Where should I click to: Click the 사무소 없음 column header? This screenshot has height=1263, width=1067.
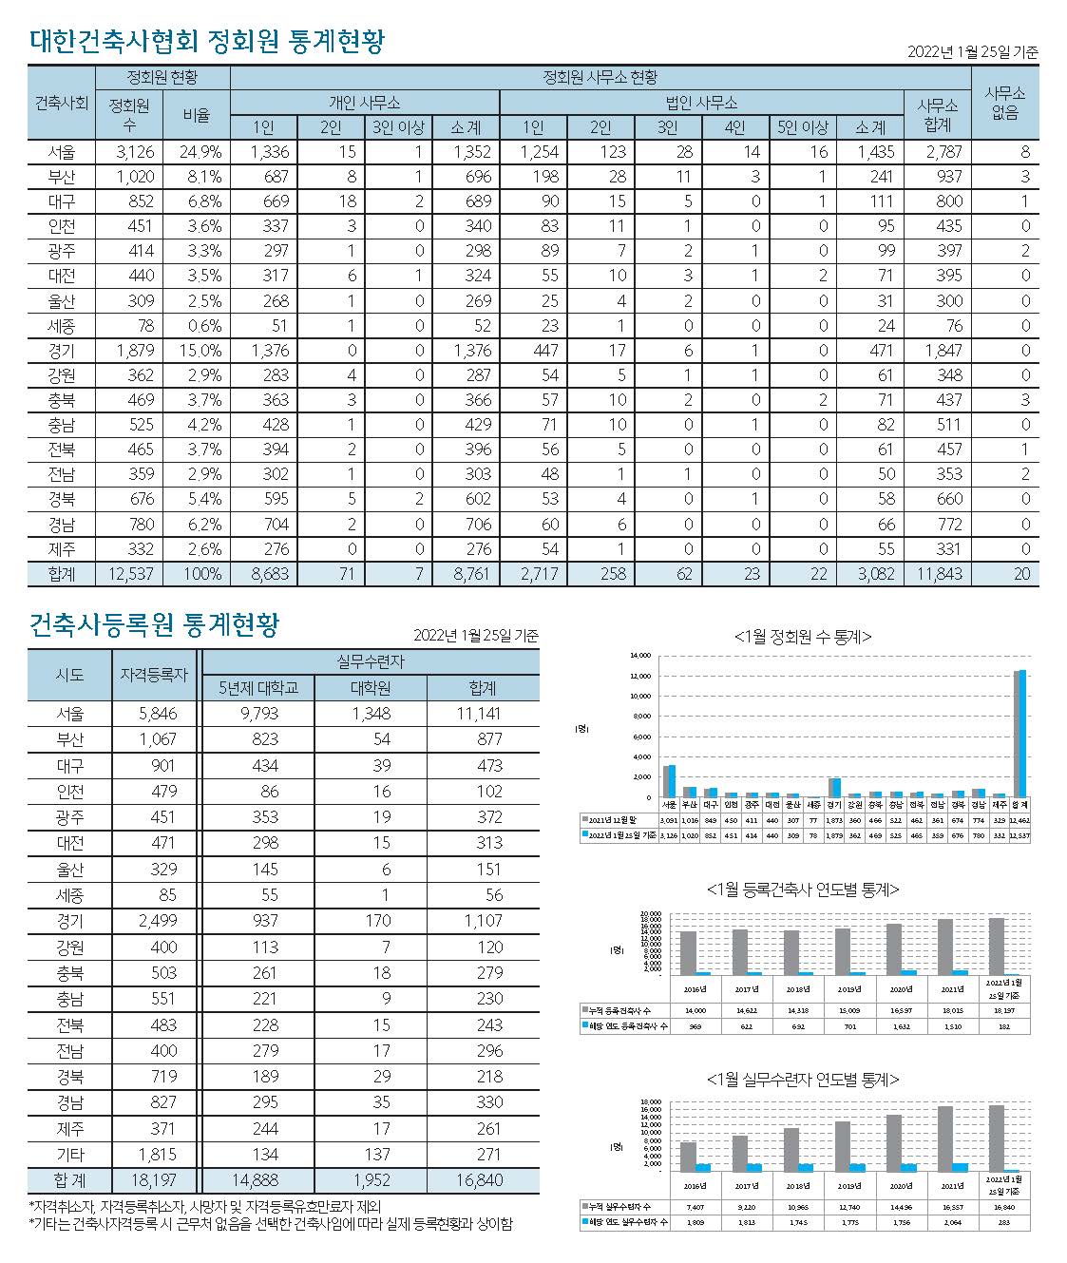tap(1004, 103)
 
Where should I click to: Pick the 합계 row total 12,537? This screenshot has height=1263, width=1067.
tap(130, 574)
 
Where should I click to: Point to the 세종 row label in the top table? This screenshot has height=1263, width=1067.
tap(62, 326)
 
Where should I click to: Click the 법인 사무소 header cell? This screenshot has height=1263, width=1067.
tap(701, 103)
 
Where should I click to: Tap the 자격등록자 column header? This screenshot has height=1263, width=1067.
tap(154, 675)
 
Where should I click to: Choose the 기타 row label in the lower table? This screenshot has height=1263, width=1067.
tap(69, 1155)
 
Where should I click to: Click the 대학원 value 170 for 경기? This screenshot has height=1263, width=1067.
tap(371, 921)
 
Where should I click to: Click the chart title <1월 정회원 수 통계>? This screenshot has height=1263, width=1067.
tap(803, 638)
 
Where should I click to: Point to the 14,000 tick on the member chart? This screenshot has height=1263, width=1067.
tap(640, 657)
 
